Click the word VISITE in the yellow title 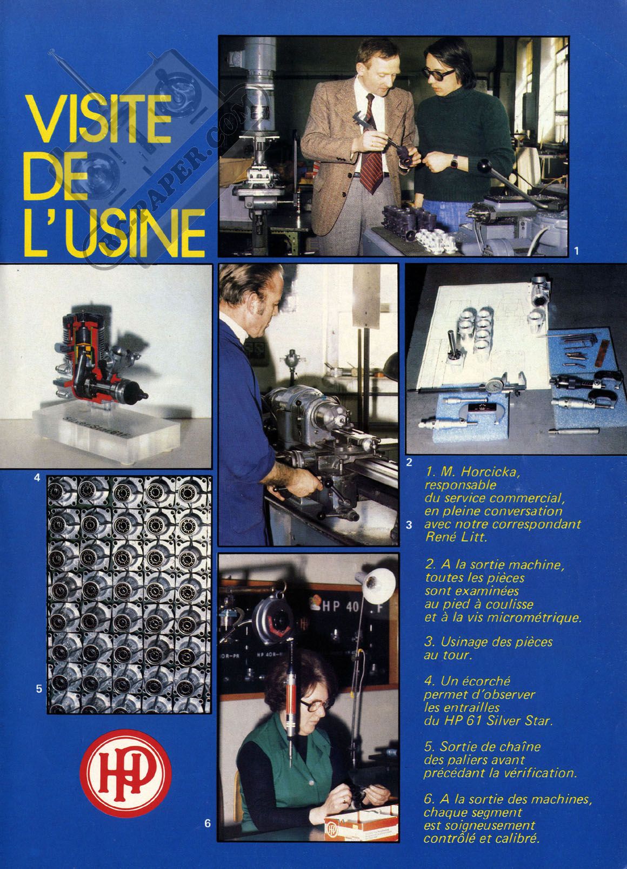(x=98, y=119)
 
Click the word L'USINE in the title (x=114, y=233)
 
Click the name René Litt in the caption (x=455, y=537)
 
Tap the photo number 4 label (x=37, y=478)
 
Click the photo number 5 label (x=39, y=689)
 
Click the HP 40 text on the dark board (x=341, y=607)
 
